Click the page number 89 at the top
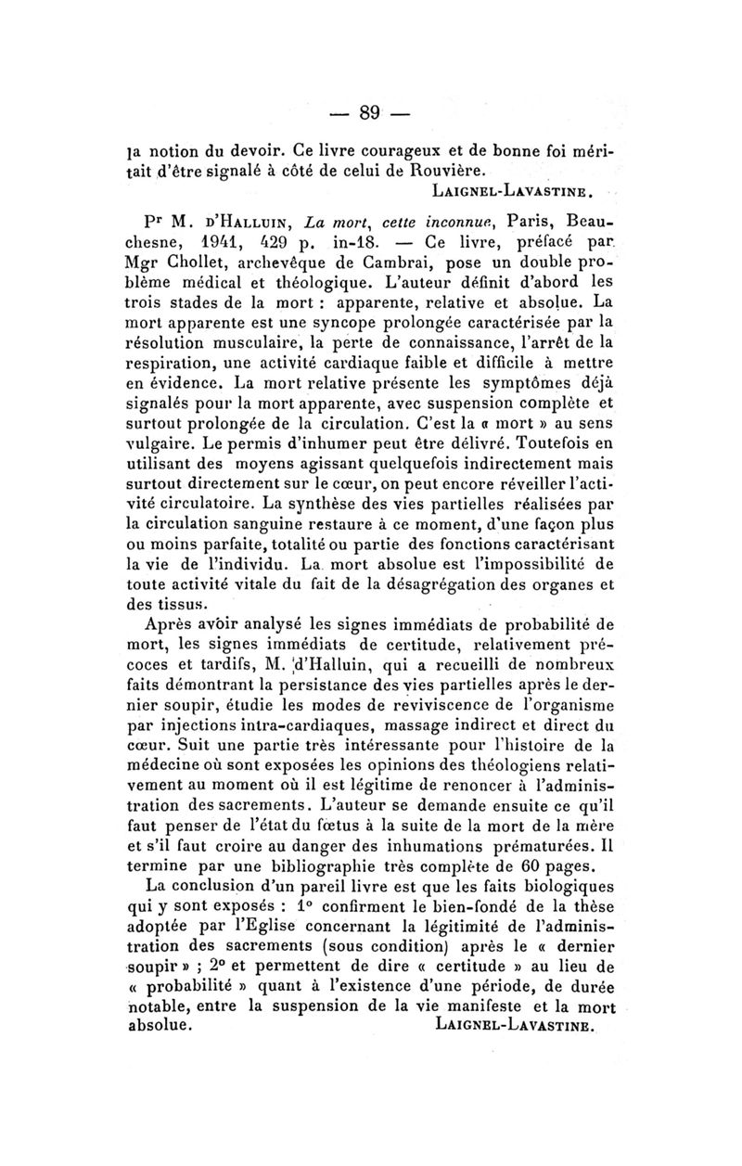(x=371, y=113)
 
